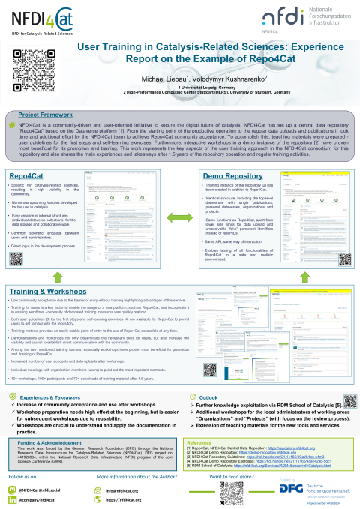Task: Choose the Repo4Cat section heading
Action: [27, 175]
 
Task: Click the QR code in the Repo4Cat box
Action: [17, 237]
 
